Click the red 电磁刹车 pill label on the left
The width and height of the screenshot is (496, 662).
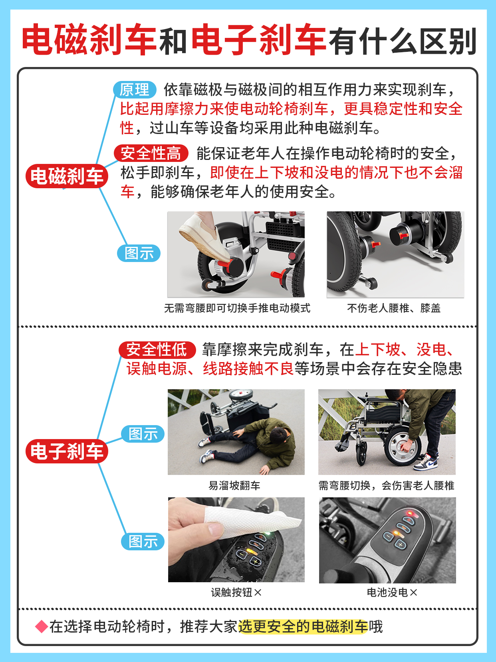click(67, 176)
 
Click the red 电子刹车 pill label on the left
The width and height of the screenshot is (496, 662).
click(67, 451)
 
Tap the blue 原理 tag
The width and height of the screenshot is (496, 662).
click(135, 90)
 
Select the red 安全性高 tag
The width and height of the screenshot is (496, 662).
click(151, 153)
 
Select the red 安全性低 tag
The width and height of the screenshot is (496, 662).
click(157, 350)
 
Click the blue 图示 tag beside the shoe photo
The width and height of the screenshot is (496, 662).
click(139, 253)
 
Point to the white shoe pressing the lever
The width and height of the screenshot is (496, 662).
click(204, 235)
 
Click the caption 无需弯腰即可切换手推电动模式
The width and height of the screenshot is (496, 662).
click(237, 308)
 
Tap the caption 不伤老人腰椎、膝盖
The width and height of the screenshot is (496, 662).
click(394, 308)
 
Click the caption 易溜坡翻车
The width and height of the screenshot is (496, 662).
click(234, 485)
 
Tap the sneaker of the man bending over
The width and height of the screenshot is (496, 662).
click(426, 463)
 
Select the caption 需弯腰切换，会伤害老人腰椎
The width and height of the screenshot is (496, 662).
click(386, 485)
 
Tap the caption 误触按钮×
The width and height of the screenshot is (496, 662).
click(236, 593)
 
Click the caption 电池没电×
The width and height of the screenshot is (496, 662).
click(392, 593)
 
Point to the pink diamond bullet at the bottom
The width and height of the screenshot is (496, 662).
click(42, 627)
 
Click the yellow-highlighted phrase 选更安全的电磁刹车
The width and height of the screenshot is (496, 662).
click(302, 627)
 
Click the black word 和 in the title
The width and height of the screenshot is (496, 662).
click(173, 41)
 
